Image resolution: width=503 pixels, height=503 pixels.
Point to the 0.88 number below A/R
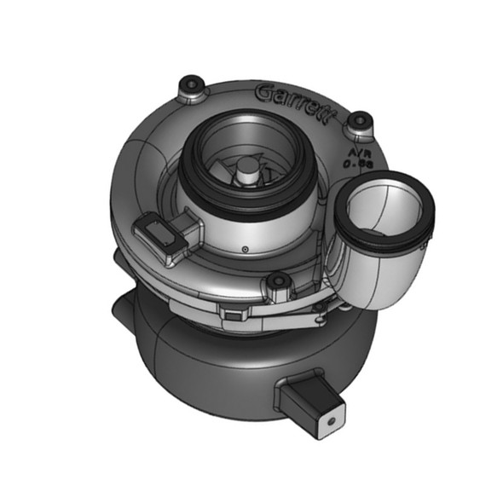tap(355, 160)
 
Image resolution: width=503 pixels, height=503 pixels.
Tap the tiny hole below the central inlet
tap(246, 250)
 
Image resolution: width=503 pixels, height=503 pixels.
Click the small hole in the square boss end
tap(328, 420)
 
